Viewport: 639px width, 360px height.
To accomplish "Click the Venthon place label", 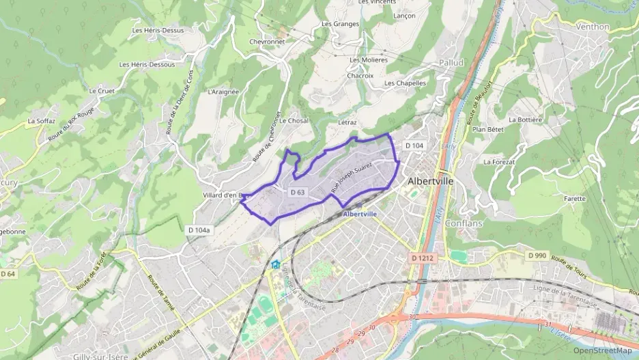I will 593,27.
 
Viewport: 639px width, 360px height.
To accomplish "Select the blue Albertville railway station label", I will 360,214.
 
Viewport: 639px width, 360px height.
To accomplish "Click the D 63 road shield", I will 297,193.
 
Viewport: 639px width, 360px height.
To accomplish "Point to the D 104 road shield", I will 414,146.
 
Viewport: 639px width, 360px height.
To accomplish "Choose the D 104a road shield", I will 199,230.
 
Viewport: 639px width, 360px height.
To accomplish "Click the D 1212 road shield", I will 424,258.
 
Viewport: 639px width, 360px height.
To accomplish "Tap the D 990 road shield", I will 537,255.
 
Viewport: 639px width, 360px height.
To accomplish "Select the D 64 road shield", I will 8,274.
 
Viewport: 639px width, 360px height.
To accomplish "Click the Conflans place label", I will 464,223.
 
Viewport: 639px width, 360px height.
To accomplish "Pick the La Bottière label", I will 522,120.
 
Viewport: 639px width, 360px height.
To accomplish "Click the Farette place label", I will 575,199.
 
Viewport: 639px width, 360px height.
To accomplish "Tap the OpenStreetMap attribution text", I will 603,350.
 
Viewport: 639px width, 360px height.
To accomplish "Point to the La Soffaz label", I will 42,121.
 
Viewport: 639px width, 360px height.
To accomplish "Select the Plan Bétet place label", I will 487,129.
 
